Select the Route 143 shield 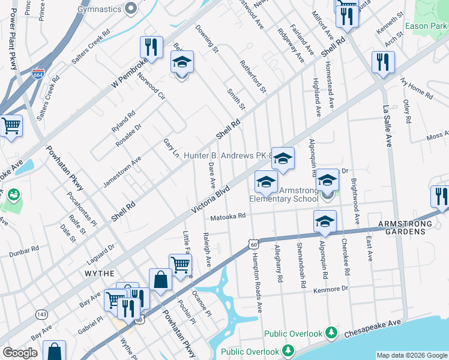point(41,314)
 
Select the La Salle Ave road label point(387,127)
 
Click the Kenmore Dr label point(330,289)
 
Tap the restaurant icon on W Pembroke point(151,46)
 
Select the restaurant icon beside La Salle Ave point(382,61)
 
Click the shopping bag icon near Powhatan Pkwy point(160,279)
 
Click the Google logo point(20,353)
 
